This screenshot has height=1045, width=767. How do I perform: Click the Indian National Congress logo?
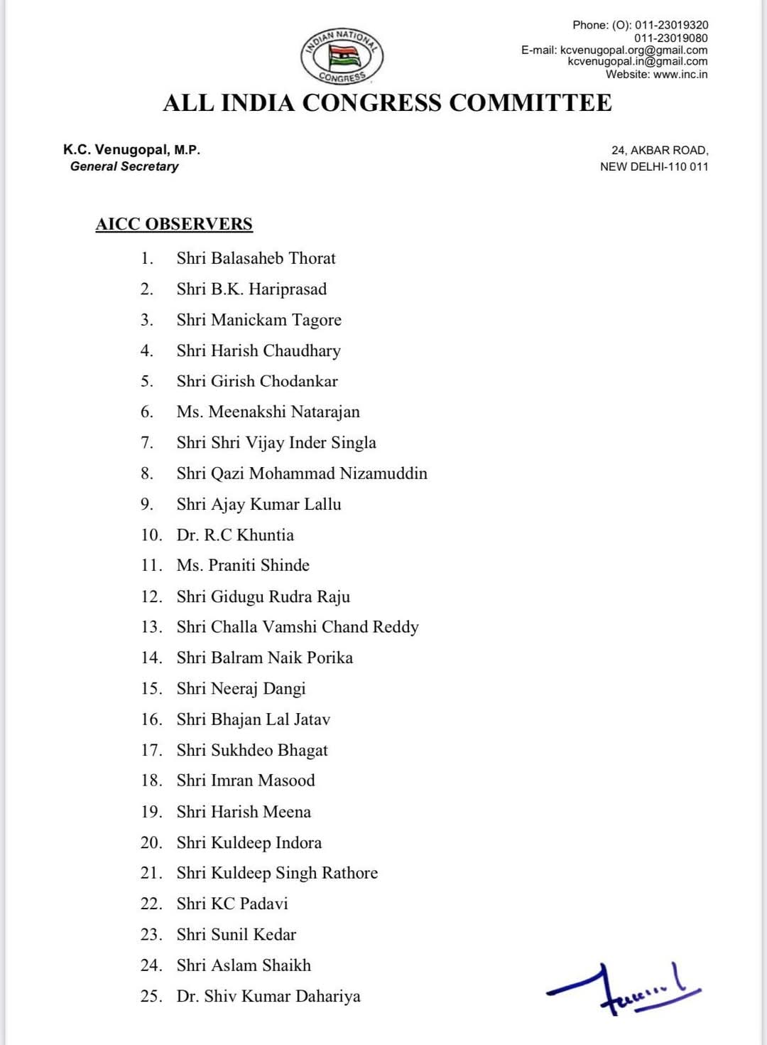[342, 57]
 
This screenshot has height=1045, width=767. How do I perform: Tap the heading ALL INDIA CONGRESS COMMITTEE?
[387, 103]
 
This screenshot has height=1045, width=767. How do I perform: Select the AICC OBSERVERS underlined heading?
[174, 224]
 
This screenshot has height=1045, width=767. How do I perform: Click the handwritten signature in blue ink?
[621, 989]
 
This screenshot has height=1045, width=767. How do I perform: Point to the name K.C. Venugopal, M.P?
[131, 150]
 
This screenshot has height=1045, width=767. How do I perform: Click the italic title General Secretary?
[124, 166]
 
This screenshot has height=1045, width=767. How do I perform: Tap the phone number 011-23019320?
[671, 25]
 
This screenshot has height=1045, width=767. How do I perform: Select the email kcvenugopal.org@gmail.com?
[633, 50]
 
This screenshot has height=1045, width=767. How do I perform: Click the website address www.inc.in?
[680, 74]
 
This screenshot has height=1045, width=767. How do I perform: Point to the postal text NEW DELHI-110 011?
[654, 166]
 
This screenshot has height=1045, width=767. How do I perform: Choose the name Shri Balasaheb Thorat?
[256, 258]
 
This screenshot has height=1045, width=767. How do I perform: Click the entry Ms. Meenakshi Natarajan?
[268, 412]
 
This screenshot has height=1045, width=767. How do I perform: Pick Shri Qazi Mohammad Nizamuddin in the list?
[302, 473]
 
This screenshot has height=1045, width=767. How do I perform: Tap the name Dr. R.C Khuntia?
[235, 535]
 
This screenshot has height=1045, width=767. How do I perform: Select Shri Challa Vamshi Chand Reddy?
[298, 627]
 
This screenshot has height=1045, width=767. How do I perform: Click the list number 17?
[151, 750]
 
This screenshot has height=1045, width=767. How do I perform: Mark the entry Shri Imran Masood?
[246, 781]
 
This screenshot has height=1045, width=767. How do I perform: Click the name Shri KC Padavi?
[232, 904]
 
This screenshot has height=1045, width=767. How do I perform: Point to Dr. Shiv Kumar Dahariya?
[268, 996]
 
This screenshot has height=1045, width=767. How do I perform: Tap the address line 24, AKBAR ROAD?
[660, 150]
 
